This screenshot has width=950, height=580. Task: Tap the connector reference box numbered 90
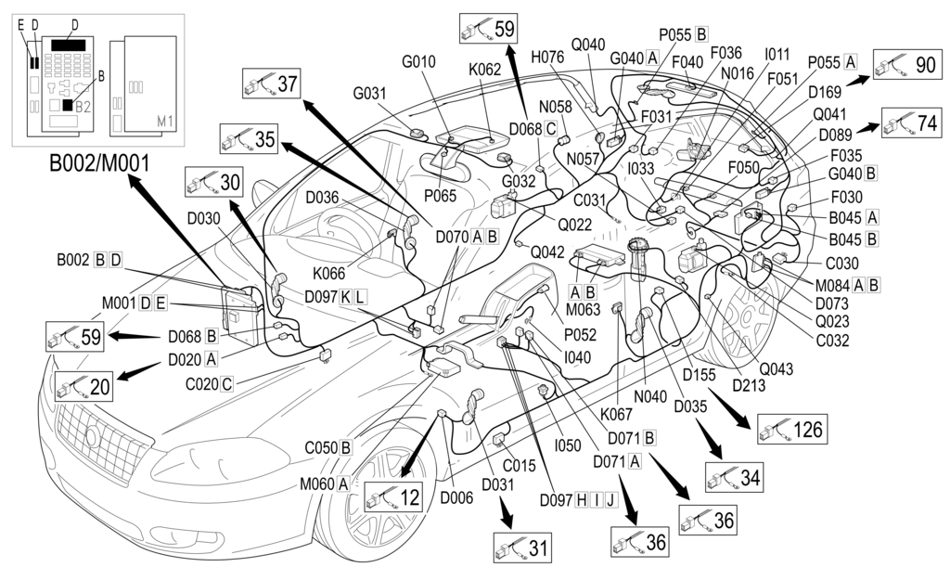[x=907, y=64]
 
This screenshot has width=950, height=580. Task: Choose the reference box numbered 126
[x=790, y=430]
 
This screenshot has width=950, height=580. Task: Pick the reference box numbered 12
[x=393, y=497]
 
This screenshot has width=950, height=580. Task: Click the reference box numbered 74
[x=915, y=123]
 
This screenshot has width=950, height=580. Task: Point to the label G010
[x=418, y=62]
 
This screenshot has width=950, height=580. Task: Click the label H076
[x=547, y=57]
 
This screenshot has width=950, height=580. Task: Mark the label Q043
[x=776, y=368]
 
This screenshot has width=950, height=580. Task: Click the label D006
[x=456, y=498]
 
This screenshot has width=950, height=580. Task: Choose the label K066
[x=328, y=274]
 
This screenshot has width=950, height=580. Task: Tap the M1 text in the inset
[x=165, y=121]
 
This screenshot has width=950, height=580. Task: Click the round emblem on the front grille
[x=94, y=437]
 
